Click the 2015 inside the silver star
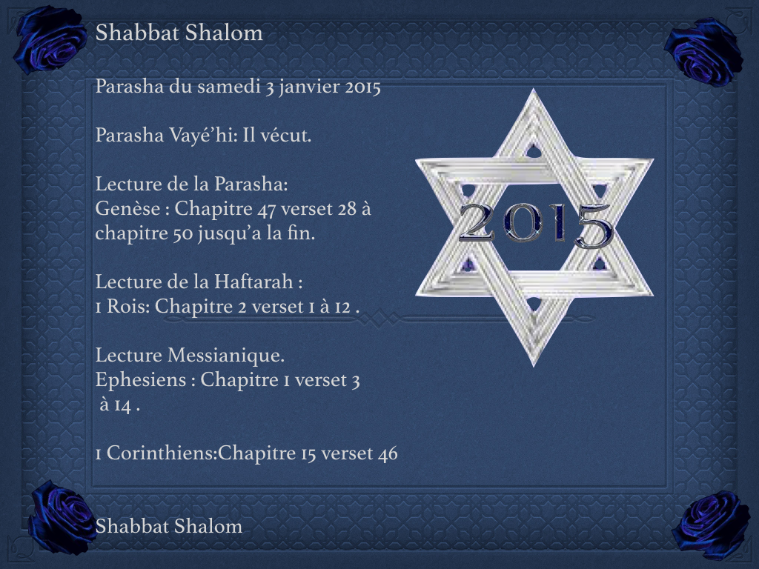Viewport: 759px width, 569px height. [535, 224]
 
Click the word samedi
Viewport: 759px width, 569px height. [229, 87]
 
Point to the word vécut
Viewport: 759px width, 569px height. [285, 136]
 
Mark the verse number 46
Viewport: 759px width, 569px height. [387, 453]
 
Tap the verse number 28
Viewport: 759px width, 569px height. [347, 209]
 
